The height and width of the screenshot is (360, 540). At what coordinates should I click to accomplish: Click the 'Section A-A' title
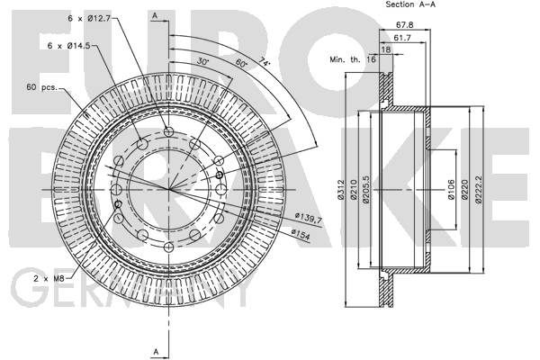click(410, 4)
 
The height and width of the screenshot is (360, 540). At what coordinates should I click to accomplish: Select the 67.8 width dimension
click(405, 25)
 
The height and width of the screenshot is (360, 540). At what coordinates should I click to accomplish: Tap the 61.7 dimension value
click(402, 38)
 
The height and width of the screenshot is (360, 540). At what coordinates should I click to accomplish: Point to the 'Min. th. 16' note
click(353, 59)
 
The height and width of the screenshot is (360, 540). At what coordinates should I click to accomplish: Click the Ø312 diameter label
click(341, 190)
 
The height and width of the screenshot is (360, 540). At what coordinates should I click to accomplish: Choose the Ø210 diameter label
click(354, 190)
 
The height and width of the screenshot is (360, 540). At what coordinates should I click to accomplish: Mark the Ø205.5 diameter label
click(365, 190)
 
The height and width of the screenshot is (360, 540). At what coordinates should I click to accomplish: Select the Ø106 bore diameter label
click(451, 190)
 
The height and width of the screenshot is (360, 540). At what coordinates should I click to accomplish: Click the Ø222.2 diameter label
click(479, 190)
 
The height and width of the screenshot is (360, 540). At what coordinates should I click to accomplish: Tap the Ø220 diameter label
click(464, 190)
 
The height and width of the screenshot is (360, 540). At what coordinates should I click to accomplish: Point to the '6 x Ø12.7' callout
click(89, 18)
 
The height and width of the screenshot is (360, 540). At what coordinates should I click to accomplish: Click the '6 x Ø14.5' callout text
click(69, 45)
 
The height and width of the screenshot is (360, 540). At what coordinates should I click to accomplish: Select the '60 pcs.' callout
click(41, 86)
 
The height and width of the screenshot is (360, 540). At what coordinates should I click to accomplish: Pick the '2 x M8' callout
click(49, 278)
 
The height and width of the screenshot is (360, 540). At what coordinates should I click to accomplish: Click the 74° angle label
click(265, 62)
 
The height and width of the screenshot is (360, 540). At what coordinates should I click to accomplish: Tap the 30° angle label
click(202, 62)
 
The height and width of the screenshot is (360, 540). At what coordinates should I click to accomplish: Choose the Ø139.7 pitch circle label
click(308, 218)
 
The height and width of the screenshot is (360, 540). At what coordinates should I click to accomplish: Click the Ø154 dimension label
click(301, 234)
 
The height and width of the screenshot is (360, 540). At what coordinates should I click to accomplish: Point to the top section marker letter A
click(155, 16)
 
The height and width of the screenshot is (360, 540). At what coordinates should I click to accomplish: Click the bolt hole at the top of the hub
click(169, 131)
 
